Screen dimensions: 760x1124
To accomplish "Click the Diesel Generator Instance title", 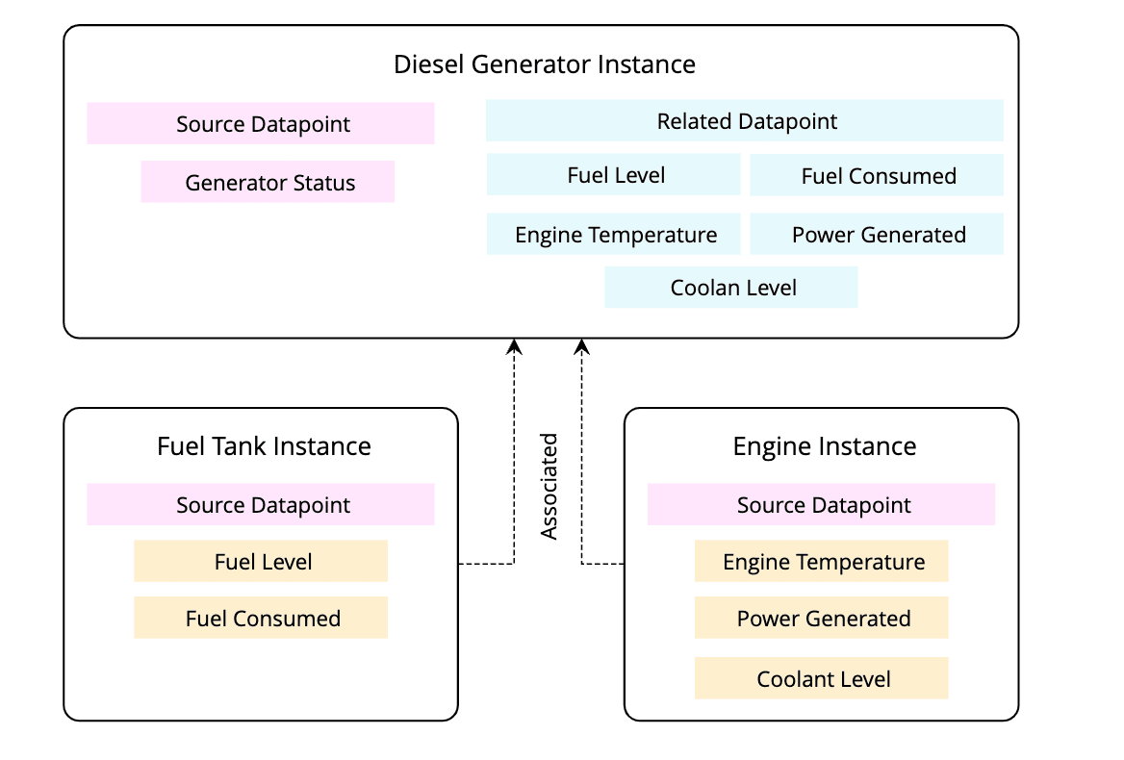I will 545,64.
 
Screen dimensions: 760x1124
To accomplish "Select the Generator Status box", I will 268,182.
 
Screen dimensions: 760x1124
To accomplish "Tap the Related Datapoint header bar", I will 745,121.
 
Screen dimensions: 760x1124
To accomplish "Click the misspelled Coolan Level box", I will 731,288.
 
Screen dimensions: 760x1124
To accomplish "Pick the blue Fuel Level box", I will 614,175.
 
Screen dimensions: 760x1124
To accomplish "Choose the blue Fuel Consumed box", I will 877,175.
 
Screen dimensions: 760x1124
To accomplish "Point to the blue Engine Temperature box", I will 614,235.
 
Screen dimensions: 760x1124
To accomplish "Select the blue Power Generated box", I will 877,235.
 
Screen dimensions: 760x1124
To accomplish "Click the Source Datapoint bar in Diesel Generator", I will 261,124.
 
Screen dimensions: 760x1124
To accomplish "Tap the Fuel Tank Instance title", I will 264,446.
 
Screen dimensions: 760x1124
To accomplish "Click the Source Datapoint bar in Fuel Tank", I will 261,505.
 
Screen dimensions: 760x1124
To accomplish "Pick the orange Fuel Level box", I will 261,561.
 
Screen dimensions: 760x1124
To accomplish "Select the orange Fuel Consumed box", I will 261,618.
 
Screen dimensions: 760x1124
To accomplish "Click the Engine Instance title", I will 824,446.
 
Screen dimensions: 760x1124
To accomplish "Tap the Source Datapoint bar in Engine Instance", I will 822,505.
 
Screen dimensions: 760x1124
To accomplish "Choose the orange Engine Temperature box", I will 822,561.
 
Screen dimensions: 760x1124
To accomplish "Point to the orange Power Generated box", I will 822,618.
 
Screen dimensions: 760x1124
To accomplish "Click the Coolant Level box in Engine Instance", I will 822,678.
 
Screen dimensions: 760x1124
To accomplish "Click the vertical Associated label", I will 549,486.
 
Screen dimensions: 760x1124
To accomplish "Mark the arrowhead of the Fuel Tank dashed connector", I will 515,345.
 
